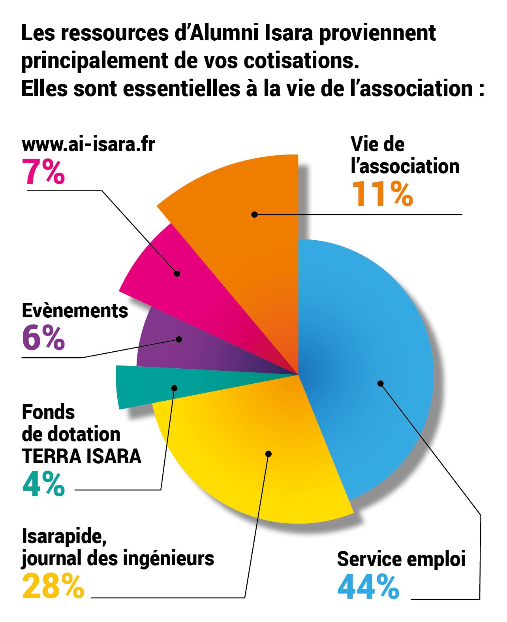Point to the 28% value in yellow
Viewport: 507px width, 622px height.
(x=53, y=586)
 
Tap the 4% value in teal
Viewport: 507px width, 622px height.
(x=43, y=484)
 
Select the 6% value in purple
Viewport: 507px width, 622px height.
(x=43, y=338)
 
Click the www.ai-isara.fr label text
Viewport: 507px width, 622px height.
(x=88, y=145)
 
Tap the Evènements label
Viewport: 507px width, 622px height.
(x=75, y=311)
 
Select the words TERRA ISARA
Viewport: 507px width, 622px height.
(x=81, y=456)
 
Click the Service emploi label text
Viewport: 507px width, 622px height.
(x=401, y=560)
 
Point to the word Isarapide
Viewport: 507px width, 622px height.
(x=64, y=537)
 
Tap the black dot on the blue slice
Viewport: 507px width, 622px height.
(x=380, y=383)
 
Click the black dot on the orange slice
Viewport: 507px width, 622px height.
(x=255, y=215)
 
